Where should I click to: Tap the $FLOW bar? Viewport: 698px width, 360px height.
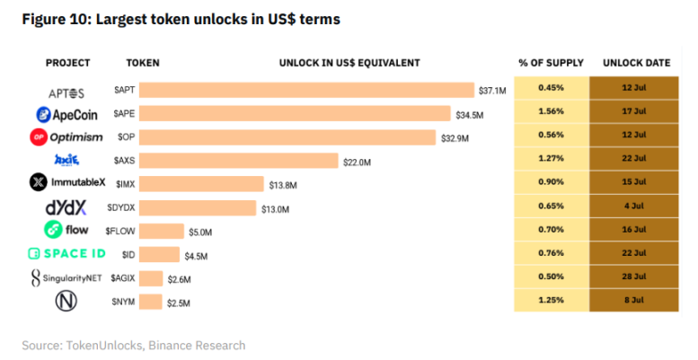(162, 231)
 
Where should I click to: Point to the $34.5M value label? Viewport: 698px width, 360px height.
(469, 115)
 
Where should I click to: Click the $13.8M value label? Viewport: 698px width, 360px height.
(283, 185)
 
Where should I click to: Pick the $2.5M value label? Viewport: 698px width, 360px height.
(179, 303)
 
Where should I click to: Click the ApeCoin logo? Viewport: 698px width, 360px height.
(67, 115)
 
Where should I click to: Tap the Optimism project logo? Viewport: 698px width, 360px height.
(66, 137)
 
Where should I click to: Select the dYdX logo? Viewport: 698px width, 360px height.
(66, 207)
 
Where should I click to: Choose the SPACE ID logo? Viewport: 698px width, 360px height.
(67, 254)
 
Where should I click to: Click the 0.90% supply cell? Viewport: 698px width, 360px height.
(551, 182)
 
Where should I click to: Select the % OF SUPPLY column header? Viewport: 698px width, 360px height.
(551, 63)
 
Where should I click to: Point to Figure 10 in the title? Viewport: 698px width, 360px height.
(55, 19)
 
